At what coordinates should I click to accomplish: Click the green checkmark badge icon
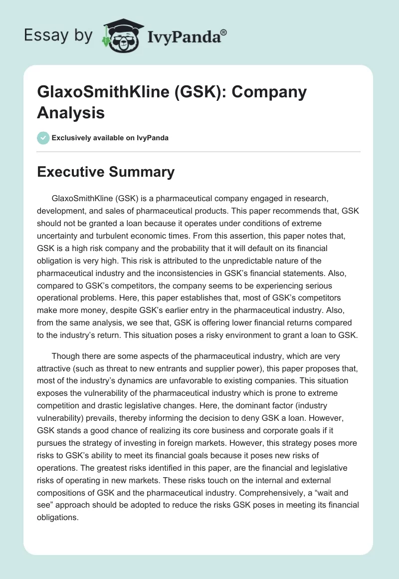point(43,138)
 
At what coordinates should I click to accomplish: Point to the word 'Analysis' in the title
point(71,113)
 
